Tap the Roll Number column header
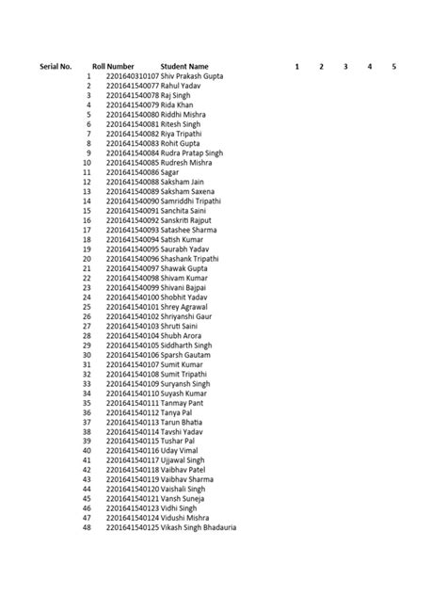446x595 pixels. click(113, 66)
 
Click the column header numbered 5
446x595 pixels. click(394, 66)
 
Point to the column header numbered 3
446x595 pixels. click(345, 66)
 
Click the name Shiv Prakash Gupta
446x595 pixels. click(194, 76)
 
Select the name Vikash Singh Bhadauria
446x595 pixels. click(199, 528)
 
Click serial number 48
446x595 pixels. click(87, 528)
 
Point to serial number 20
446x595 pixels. click(87, 259)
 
